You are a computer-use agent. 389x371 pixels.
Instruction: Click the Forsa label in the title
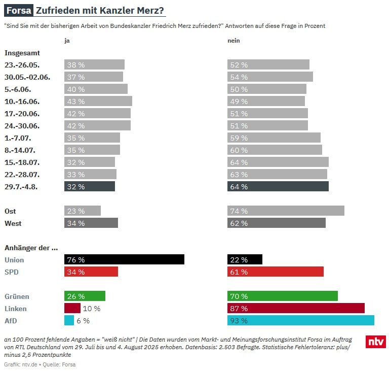19,10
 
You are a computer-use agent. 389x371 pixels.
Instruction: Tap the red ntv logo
375,342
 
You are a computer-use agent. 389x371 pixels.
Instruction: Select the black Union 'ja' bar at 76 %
124,260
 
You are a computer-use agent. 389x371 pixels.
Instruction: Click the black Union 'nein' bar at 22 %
245,260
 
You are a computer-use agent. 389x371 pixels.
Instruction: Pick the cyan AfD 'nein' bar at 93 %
301,320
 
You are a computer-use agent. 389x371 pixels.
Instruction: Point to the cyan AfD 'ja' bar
69,320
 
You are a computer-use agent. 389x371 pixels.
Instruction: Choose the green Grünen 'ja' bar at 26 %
85,296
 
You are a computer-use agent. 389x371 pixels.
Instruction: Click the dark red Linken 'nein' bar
296,308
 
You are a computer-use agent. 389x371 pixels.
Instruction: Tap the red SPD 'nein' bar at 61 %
275,272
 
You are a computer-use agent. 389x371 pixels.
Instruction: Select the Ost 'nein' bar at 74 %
286,211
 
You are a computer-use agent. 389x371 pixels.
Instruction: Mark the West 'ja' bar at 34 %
91,223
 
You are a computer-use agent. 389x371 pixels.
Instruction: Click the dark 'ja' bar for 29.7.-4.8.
89,186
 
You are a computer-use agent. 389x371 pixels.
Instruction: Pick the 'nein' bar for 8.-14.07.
275,150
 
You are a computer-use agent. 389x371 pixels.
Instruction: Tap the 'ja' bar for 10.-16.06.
98,101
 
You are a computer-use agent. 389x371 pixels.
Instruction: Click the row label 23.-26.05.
22,64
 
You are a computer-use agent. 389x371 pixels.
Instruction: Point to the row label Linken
15,309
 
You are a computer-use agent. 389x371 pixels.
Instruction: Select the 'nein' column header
234,41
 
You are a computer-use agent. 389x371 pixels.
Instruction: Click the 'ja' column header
67,41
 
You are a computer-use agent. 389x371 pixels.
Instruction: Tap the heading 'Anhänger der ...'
31,248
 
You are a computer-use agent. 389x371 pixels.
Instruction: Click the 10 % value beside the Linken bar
92,309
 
